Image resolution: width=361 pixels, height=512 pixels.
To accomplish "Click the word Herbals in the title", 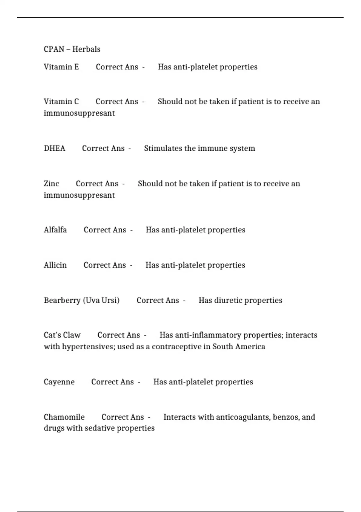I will click(x=86, y=49).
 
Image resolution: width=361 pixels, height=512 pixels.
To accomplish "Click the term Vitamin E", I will click(x=61, y=67).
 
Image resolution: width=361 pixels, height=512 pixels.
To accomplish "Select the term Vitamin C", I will click(x=61, y=101).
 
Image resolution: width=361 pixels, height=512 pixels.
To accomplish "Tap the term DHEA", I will click(x=54, y=148).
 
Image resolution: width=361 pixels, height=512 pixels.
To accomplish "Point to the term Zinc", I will click(x=51, y=183).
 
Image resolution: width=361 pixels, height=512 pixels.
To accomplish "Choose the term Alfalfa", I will click(x=55, y=230).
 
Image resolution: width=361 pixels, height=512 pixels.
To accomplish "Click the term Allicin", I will click(x=55, y=265).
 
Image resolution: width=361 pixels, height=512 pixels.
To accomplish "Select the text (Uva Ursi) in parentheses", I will click(x=101, y=300).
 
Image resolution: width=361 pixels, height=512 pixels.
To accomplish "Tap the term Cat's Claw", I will click(x=62, y=335).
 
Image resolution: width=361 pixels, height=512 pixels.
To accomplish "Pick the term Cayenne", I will click(x=59, y=382).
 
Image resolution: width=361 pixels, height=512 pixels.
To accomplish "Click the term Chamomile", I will click(x=64, y=417).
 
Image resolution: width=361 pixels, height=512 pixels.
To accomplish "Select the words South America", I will click(x=239, y=347).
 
